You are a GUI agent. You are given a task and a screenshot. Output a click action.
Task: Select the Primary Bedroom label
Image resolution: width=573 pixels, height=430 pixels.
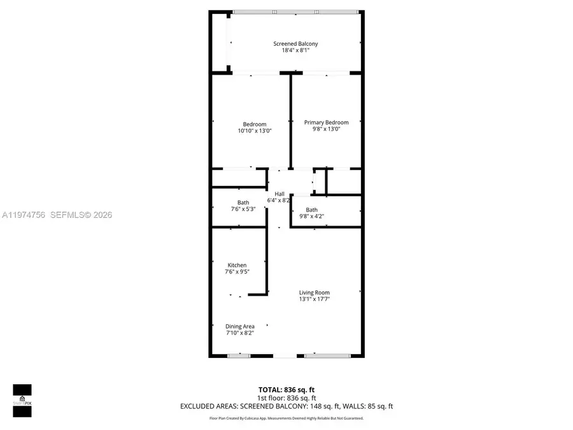pos(326,122)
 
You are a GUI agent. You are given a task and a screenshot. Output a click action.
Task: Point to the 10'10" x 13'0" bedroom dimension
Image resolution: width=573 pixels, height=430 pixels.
pos(255,131)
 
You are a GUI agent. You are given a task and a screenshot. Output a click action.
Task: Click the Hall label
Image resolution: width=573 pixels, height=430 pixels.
pos(279,194)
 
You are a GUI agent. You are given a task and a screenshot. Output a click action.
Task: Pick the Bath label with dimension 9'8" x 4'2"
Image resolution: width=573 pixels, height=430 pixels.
pos(311,210)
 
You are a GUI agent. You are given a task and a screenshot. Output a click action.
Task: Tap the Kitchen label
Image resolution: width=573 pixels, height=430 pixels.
pos(237,265)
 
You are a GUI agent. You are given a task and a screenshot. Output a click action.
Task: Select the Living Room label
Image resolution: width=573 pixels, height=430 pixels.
pos(315,292)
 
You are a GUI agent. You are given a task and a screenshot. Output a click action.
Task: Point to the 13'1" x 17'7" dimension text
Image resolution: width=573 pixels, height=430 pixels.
pos(315,299)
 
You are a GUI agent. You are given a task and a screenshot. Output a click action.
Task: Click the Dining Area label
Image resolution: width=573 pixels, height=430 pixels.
pos(239,326)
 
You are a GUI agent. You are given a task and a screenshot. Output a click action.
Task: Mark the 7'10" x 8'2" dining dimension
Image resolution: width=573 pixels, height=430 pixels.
pos(239,333)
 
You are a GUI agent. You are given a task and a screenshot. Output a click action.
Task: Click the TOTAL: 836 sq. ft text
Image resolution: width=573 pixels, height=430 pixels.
pos(286,389)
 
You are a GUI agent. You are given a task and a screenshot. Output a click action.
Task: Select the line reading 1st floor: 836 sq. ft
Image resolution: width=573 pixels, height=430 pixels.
pos(286,397)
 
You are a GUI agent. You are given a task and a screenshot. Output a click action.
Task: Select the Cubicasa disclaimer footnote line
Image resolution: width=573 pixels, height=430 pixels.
pos(286,418)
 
